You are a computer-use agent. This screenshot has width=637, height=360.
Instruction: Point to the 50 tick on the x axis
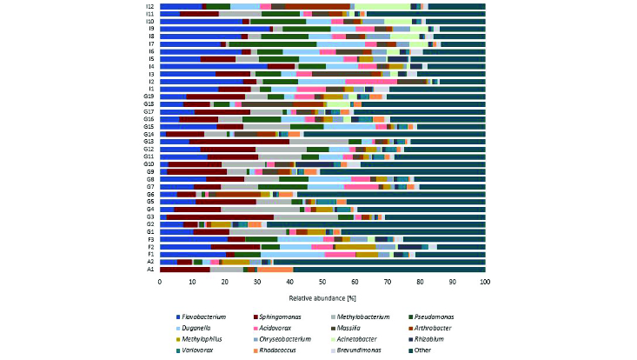point(322,282)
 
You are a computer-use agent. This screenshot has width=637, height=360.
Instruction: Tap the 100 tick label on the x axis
point(485,282)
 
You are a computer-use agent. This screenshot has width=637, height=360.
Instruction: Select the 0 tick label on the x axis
point(160,282)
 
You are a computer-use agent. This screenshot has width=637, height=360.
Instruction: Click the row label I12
point(149,6)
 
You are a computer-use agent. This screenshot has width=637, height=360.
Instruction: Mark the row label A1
point(150,270)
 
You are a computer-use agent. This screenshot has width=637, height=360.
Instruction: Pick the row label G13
point(149,141)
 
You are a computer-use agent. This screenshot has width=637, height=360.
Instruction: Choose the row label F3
point(150,238)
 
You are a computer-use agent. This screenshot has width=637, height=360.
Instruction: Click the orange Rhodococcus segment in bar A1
point(275,270)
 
